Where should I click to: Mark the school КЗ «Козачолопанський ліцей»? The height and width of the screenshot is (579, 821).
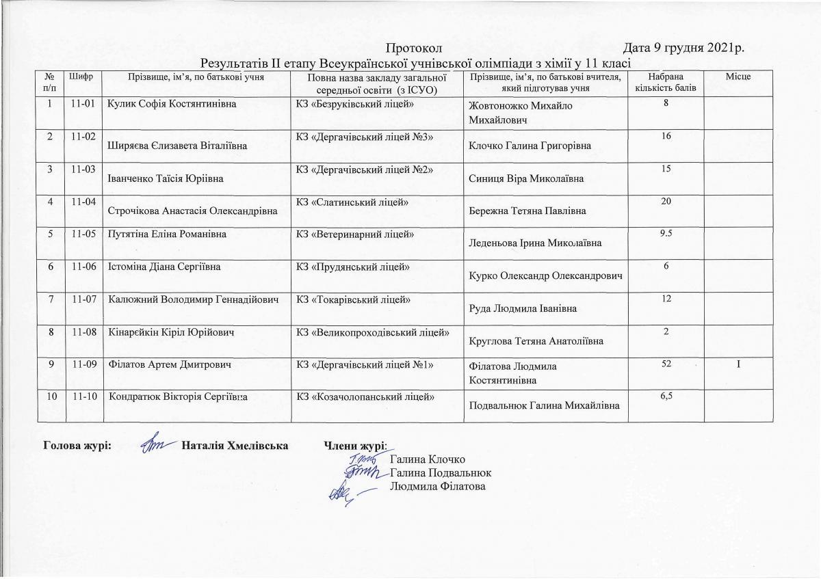point(365,397)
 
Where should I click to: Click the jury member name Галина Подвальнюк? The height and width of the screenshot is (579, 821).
point(441,472)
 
